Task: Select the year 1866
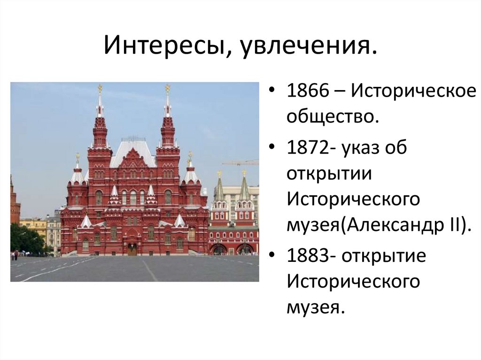click(x=310, y=91)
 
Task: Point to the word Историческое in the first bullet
click(x=411, y=91)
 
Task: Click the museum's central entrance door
click(x=132, y=249)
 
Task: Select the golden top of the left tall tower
click(x=100, y=88)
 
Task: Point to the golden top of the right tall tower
click(x=167, y=88)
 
